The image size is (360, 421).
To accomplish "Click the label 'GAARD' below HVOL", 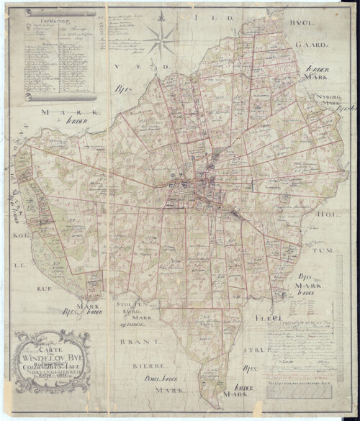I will (x=311, y=45).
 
